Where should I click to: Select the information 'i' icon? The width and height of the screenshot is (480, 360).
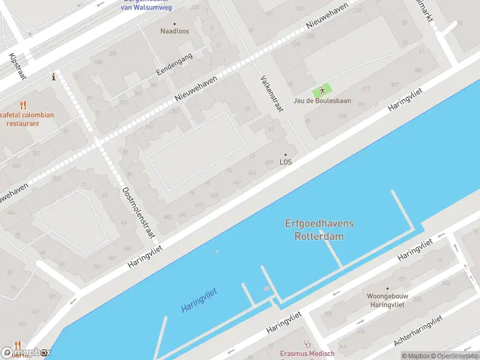pos(54,77)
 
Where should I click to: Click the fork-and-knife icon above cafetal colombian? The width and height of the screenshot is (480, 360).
pos(23,105)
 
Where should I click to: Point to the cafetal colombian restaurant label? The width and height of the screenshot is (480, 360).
pos(28,119)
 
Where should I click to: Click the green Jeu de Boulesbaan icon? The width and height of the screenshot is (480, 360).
pos(322,91)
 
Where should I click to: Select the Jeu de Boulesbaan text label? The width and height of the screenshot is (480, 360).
pos(322,101)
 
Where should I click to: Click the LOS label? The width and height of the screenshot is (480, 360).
pos(286,162)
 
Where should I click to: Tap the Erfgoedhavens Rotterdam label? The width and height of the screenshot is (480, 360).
pos(319,230)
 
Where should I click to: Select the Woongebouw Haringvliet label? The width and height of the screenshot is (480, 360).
pos(386,300)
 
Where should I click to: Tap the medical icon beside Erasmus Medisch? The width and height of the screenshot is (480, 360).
pos(308,344)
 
